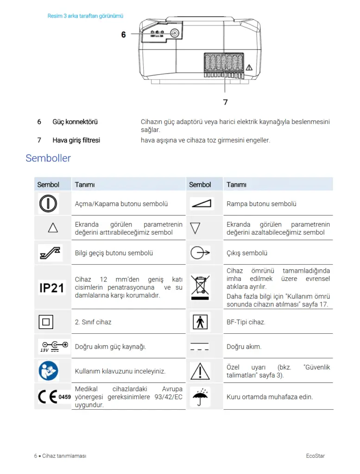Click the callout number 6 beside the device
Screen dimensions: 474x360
pyautogui.click(x=124, y=35)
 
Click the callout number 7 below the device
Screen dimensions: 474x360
pyautogui.click(x=225, y=102)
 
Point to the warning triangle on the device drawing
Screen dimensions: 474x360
pyautogui.click(x=249, y=68)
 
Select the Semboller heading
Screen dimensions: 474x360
pyautogui.click(x=48, y=158)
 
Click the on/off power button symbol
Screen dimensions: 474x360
pyautogui.click(x=48, y=204)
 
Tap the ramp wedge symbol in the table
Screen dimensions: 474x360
pyautogui.click(x=201, y=204)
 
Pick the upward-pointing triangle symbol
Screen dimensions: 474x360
pyautogui.click(x=53, y=228)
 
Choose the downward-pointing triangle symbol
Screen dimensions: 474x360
pyautogui.click(x=195, y=228)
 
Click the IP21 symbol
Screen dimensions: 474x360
pyautogui.click(x=51, y=288)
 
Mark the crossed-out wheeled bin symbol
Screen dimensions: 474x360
pyautogui.click(x=200, y=287)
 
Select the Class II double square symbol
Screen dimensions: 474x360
pyautogui.click(x=47, y=322)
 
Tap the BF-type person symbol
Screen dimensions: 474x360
pyautogui.click(x=200, y=322)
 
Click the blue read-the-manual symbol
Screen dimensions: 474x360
pyautogui.click(x=48, y=371)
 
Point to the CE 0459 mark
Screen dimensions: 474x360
pyautogui.click(x=54, y=397)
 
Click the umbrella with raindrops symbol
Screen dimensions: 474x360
pyautogui.click(x=200, y=397)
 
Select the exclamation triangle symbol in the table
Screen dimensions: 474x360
pyautogui.click(x=200, y=371)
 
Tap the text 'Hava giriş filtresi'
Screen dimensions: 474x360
pyautogui.click(x=76, y=140)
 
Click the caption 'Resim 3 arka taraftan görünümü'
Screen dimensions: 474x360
pyautogui.click(x=85, y=16)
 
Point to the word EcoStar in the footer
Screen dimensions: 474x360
pyautogui.click(x=315, y=456)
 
